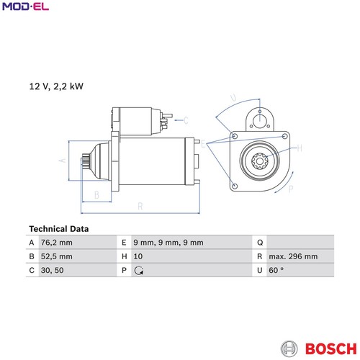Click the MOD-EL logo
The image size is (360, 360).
25,6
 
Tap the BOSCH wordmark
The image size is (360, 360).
331,348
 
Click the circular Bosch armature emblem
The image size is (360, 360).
289,348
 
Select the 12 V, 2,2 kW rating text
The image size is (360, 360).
56,86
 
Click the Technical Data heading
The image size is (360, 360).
59,229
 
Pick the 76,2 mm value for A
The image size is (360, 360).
57,243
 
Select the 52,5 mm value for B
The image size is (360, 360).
57,256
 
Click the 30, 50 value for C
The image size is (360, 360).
53,270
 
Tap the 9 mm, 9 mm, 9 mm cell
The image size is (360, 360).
168,243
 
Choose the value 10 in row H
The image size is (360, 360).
138,256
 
